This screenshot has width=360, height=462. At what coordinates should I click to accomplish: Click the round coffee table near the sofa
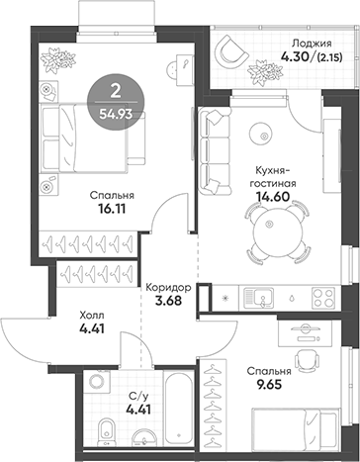(x=262, y=129)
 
